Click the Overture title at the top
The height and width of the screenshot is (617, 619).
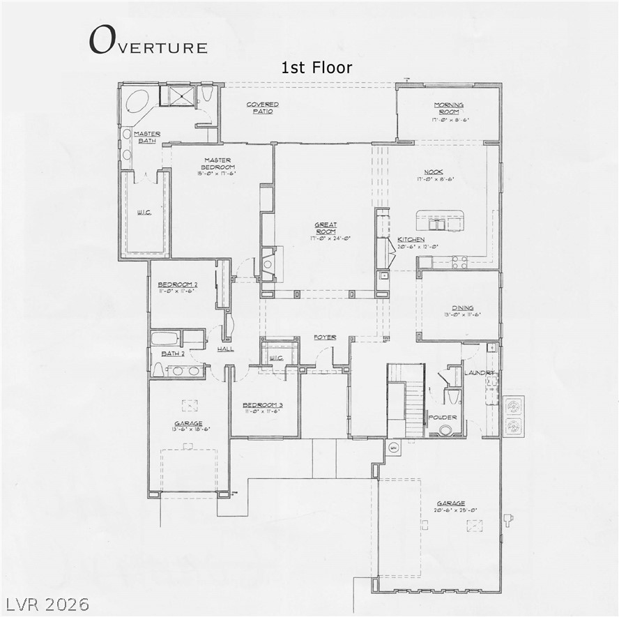148,41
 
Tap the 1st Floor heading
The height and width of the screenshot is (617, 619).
316,68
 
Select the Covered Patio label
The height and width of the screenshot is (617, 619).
263,108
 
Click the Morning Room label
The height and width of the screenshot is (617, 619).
448,108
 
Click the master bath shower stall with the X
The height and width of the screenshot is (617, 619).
177,96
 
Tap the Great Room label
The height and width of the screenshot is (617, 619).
326,228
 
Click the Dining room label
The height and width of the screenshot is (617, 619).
461,307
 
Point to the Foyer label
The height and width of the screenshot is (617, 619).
324,337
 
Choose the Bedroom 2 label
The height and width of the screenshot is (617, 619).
177,284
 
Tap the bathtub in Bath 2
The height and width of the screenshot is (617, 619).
166,339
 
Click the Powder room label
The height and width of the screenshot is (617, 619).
443,418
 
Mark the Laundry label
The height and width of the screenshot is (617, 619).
480,373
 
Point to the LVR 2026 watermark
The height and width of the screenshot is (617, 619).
48,603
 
